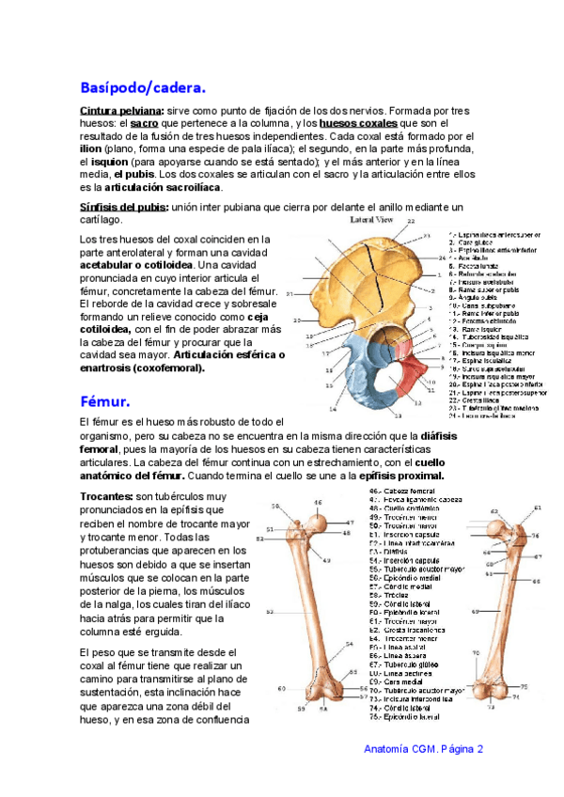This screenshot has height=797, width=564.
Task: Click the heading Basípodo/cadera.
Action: [x=143, y=88]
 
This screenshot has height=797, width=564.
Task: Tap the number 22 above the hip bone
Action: [x=409, y=221]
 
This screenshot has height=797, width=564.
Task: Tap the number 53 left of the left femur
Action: [x=270, y=612]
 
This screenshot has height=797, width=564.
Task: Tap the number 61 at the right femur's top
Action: [x=538, y=508]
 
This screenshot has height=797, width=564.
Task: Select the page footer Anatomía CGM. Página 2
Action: [x=423, y=749]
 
